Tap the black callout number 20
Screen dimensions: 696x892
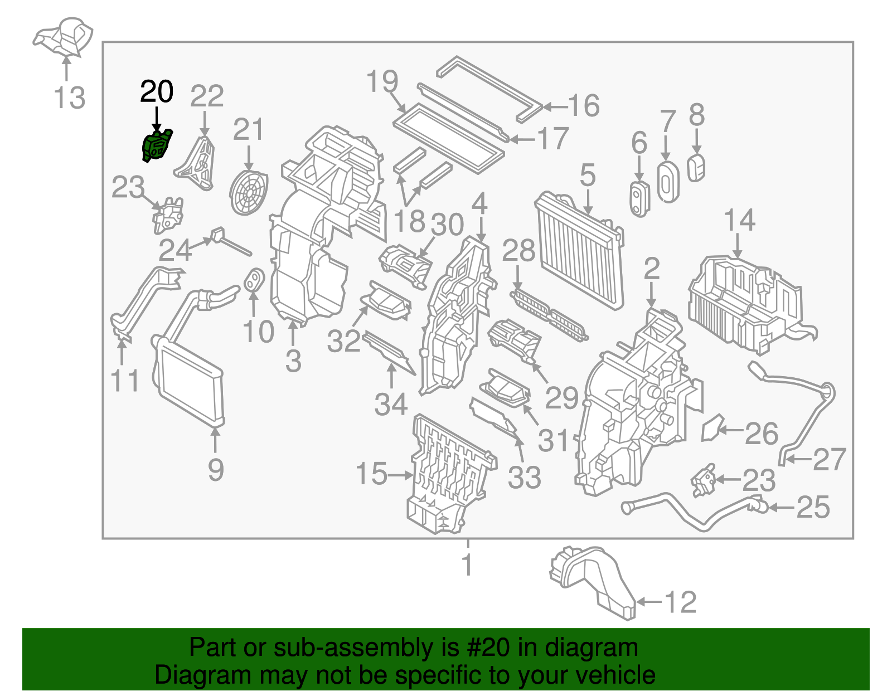pos(157,92)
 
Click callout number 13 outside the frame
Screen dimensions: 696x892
pos(70,98)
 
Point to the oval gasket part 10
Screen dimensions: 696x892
pos(254,280)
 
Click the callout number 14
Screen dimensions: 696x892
pos(739,220)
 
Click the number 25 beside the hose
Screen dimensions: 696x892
pos(813,507)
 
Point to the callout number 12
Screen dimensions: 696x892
pos(681,602)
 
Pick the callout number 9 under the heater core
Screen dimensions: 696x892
pos(216,469)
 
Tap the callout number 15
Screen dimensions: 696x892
pos(371,474)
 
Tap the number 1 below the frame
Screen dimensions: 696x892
pos(467,564)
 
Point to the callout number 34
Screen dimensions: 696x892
pos(391,404)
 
